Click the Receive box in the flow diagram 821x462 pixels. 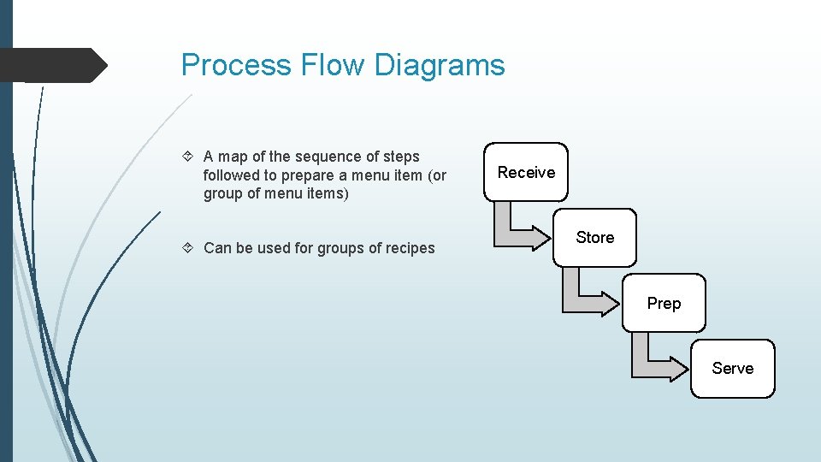(x=526, y=172)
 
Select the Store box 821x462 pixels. (x=594, y=237)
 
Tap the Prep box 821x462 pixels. (x=664, y=303)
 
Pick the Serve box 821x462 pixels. (x=732, y=369)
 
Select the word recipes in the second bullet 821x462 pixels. (x=409, y=248)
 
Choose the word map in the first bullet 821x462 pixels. (x=233, y=157)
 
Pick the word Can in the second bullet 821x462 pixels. (x=218, y=248)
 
